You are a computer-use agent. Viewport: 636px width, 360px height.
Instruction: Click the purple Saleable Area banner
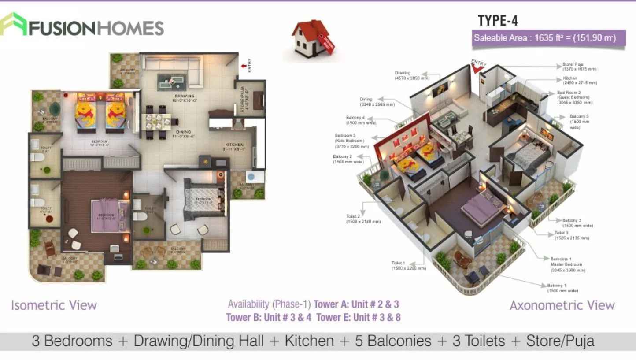click(549, 37)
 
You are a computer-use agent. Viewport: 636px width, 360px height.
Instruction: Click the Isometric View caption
click(54, 305)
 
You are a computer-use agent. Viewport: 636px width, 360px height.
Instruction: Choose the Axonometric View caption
click(562, 305)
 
